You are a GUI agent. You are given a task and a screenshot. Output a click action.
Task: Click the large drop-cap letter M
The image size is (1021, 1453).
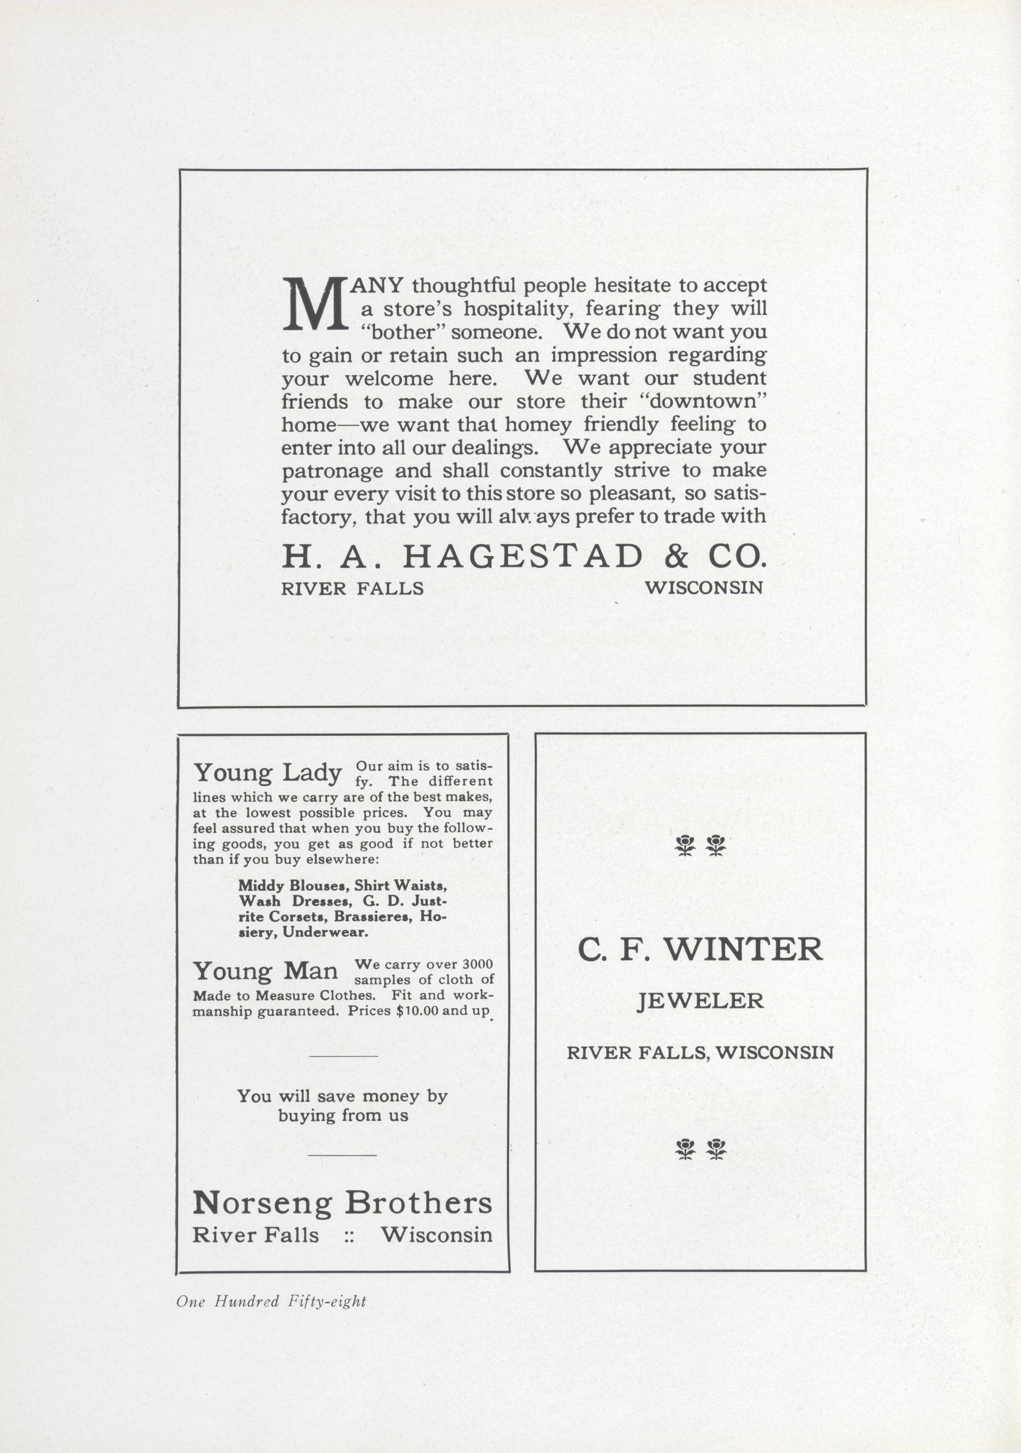(x=314, y=306)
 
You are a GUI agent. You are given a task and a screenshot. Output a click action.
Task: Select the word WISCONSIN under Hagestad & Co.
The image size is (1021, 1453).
(x=703, y=588)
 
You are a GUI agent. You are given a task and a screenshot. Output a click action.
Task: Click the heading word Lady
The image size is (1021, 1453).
(x=311, y=773)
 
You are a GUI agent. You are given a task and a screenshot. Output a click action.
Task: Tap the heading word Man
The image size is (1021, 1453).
(x=310, y=971)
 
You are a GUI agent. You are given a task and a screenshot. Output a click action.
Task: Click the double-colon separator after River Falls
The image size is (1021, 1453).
(x=349, y=1235)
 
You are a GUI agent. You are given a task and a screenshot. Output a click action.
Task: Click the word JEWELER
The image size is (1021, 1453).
(x=700, y=1001)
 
